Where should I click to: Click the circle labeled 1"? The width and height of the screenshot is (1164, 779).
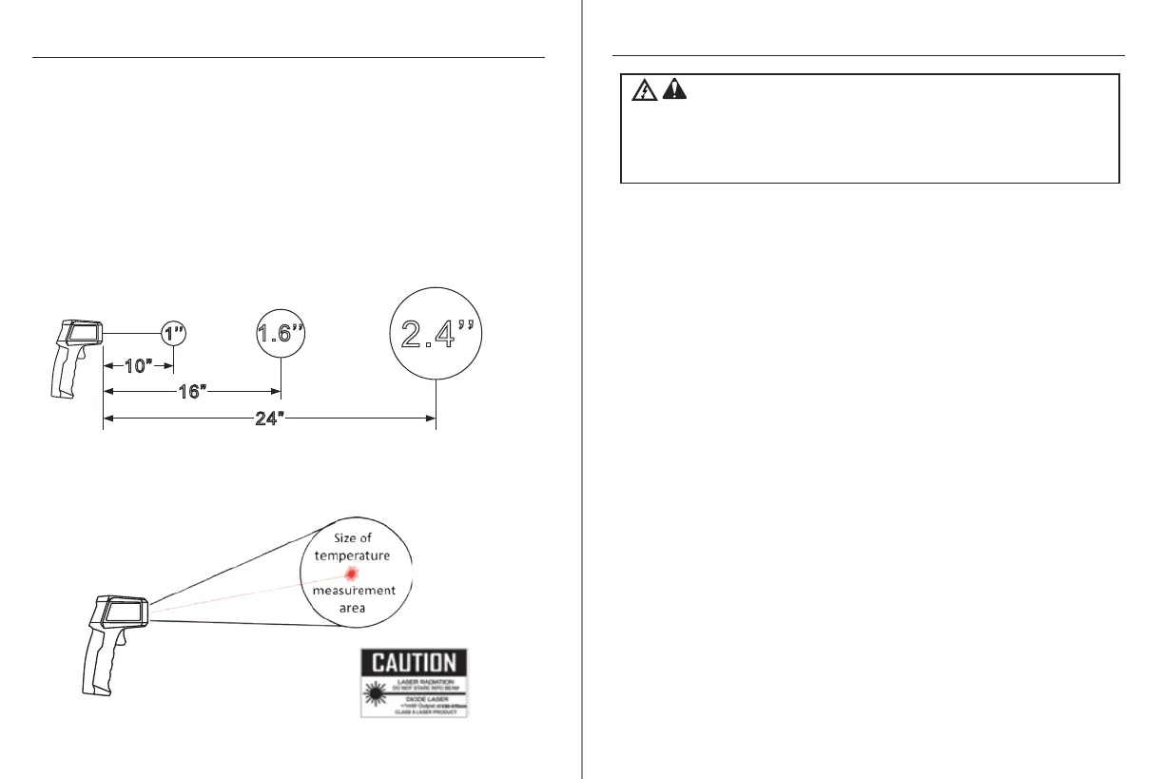coord(173,333)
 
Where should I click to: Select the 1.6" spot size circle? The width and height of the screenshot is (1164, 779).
coord(281,333)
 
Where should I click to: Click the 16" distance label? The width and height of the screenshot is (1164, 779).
coord(192,391)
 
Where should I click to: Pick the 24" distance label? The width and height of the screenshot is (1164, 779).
coord(270,419)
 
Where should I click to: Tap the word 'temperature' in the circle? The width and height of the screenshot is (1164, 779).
coord(352,555)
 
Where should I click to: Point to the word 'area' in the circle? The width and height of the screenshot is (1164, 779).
coord(353,608)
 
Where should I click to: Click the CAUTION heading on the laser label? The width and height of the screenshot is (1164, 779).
coord(414,663)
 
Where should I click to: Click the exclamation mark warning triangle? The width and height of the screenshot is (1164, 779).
coord(673,90)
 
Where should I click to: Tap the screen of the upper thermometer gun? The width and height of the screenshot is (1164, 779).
coord(83,334)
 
